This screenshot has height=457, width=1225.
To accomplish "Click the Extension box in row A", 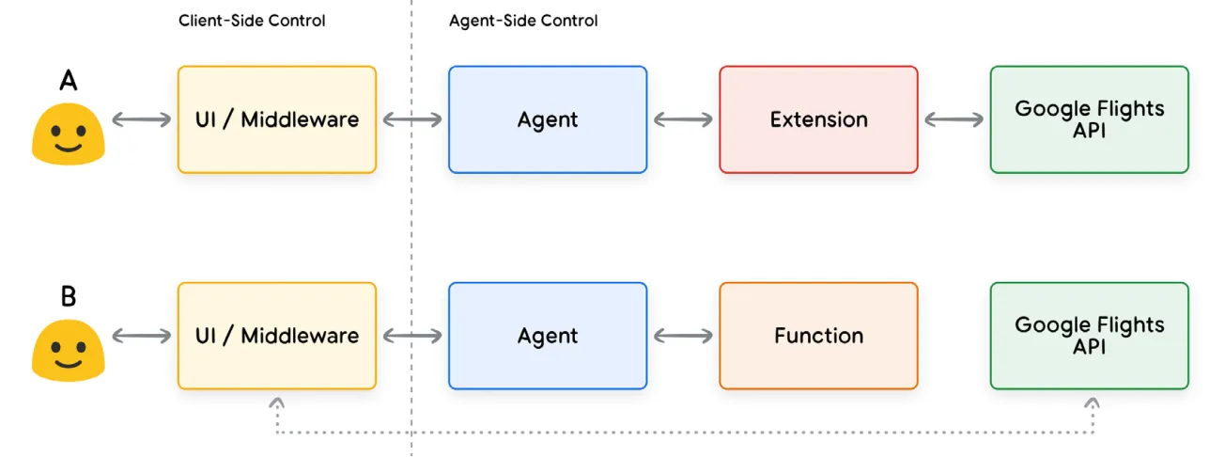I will coord(818,119).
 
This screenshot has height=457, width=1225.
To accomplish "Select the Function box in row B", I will coord(818,336).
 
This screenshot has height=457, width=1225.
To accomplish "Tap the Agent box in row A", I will coord(548,119).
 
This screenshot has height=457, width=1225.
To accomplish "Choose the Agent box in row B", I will coord(548,336).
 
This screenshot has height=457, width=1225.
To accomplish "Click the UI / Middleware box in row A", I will coord(277,119).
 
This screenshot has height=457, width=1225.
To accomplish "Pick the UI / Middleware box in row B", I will coord(277,336).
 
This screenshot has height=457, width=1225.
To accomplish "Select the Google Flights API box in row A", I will coord(1089,119).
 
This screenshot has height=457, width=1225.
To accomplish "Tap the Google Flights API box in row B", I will coord(1089,336).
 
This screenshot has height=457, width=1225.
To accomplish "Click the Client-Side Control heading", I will coord(252,21).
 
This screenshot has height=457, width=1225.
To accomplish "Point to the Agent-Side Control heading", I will coord(523,21).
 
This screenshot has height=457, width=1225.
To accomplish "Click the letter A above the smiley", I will coord(68,82).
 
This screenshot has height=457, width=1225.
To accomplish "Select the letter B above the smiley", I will coord(68,297).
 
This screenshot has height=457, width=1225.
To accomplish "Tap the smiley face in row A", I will coord(68,134).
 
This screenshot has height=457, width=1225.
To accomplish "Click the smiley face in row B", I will coord(68,350).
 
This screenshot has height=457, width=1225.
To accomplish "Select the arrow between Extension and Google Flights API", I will coord(954,119).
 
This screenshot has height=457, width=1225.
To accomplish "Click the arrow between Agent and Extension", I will coord(683,119).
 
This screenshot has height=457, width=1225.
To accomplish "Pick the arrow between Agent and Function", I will coord(683,336).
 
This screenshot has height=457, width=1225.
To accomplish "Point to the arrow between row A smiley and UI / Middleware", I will coord(142,119).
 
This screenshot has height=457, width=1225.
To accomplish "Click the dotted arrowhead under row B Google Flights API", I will coord(1092,402).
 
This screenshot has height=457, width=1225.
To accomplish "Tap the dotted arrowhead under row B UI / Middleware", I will coord(277,402).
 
